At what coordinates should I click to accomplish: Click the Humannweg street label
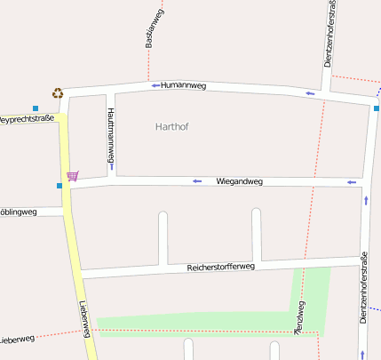pyautogui.click(x=184, y=86)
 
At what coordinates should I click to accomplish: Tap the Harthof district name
pyautogui.click(x=171, y=127)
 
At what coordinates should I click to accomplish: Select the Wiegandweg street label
pyautogui.click(x=240, y=181)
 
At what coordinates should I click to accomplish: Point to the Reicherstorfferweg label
pyautogui.click(x=221, y=267)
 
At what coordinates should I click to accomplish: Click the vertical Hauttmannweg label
pyautogui.click(x=111, y=132)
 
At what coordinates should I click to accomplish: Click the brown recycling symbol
pyautogui.click(x=58, y=92)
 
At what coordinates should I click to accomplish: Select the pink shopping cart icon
pyautogui.click(x=72, y=175)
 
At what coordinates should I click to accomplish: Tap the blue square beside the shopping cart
pyautogui.click(x=60, y=186)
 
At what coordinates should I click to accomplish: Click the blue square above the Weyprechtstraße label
pyautogui.click(x=36, y=108)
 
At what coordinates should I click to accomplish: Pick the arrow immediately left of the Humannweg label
pyautogui.click(x=155, y=85)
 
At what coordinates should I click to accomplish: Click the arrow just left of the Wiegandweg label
pyautogui.click(x=197, y=181)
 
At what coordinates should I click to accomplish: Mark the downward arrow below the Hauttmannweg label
pyautogui.click(x=111, y=166)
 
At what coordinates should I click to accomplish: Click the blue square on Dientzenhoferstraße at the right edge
pyautogui.click(x=377, y=108)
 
